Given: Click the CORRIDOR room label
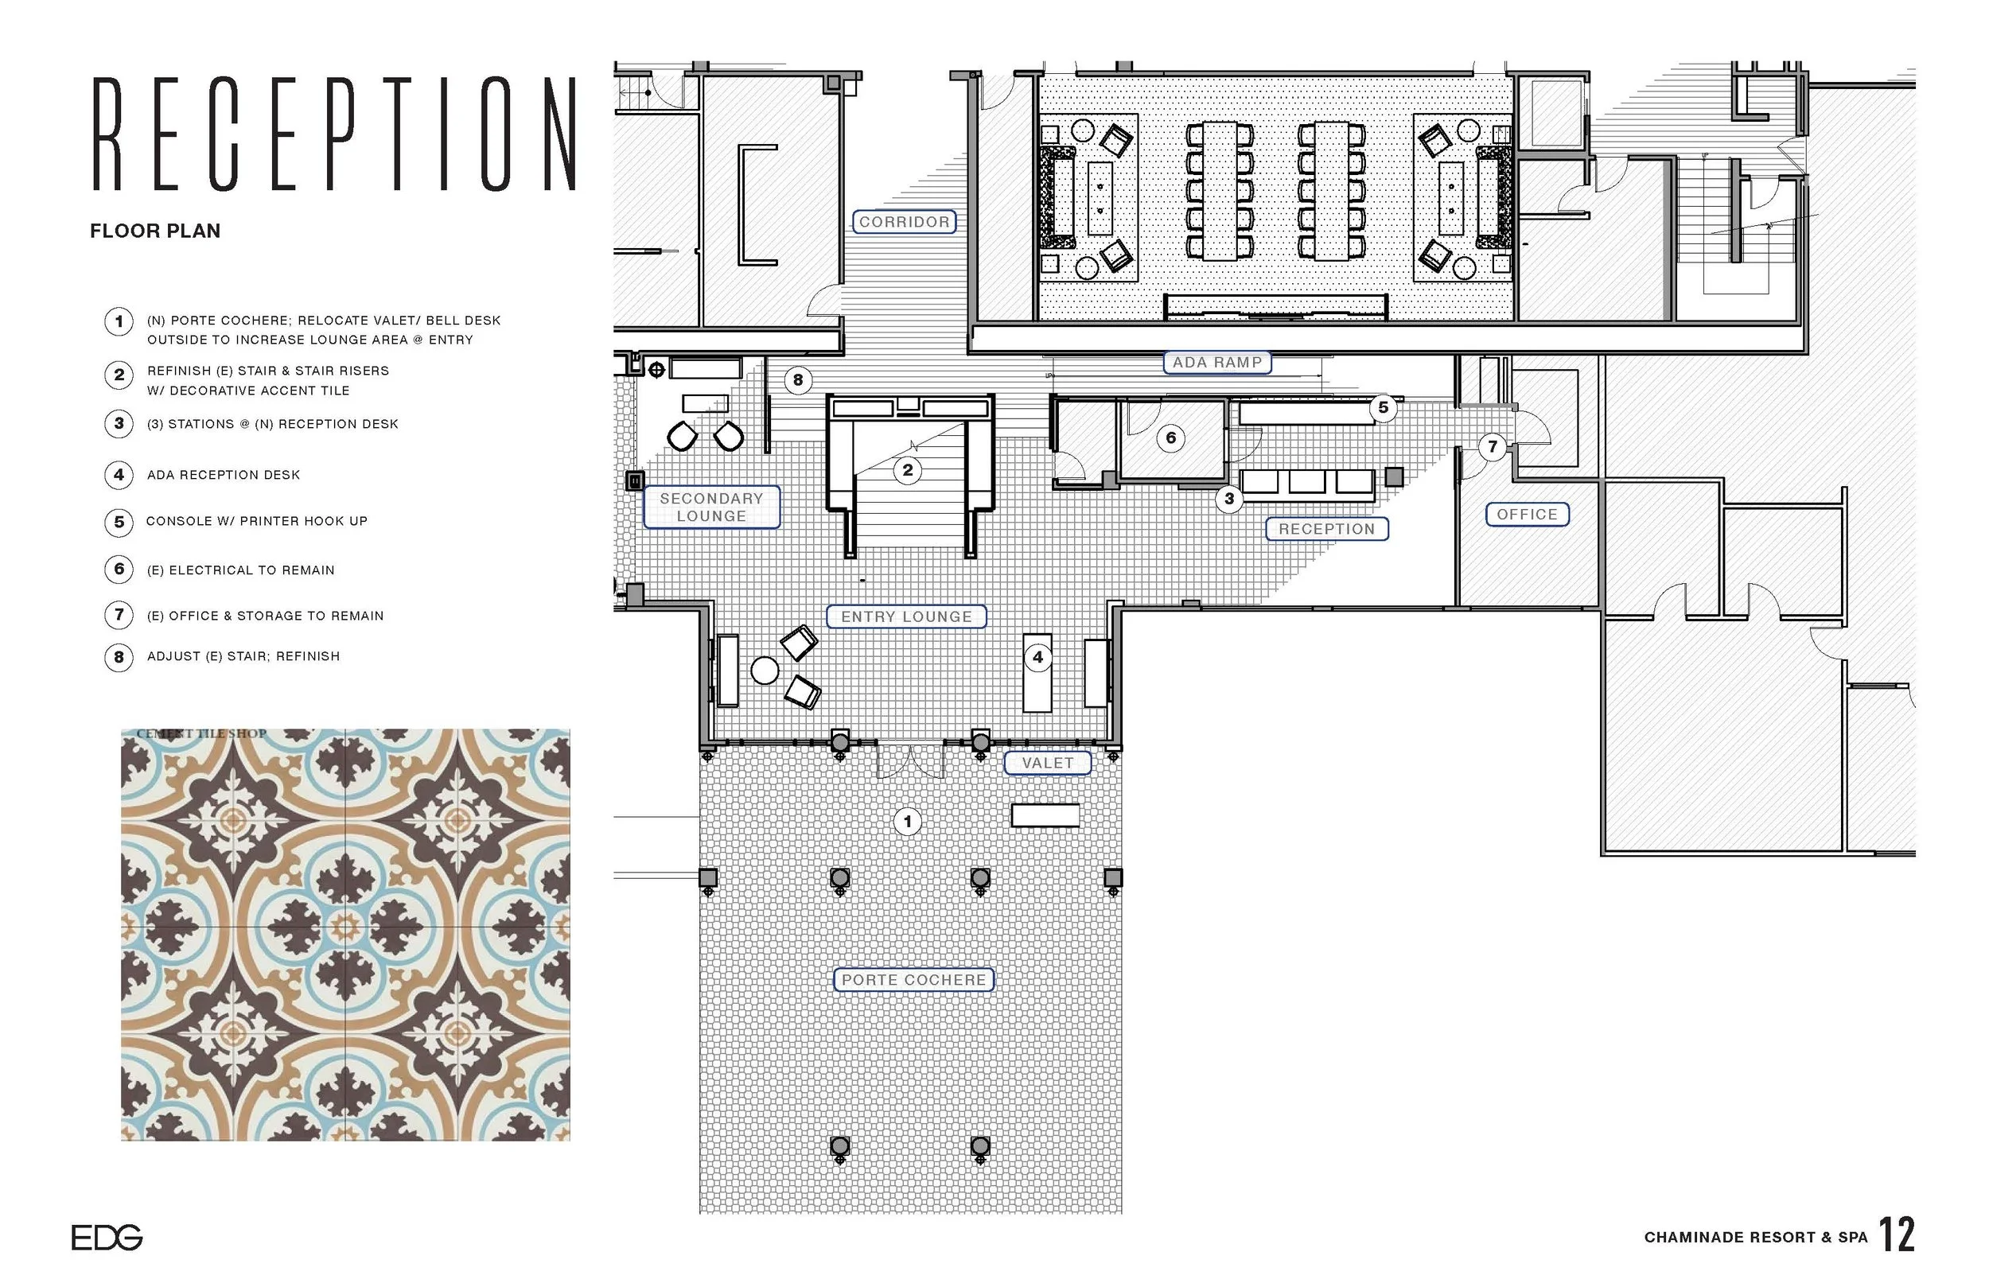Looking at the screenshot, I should (904, 221).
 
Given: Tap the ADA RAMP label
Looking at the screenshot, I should (1216, 362).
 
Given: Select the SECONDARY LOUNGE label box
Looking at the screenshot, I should (711, 507).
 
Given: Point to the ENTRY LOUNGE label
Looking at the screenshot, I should (906, 616).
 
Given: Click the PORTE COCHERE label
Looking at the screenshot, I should (913, 979).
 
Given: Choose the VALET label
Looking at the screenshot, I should (1047, 763).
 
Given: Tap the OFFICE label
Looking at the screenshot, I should (1527, 514).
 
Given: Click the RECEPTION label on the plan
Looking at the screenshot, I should (1326, 529).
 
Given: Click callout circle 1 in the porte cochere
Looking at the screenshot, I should (908, 822).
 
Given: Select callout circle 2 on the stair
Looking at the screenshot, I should (908, 469).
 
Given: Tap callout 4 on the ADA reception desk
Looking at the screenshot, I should (1037, 657).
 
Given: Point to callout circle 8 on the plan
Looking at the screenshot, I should (798, 380).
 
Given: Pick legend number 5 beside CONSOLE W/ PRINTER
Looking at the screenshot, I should (119, 522).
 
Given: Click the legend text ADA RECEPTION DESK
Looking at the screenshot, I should (223, 475).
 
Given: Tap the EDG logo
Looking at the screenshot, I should (107, 1237).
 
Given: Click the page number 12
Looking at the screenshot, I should (1896, 1235).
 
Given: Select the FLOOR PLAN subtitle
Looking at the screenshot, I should (155, 231).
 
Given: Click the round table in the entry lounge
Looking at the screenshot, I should (765, 671).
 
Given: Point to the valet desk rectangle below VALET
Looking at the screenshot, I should (1045, 815).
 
